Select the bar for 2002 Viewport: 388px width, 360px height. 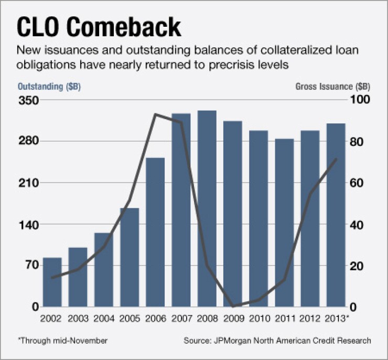[x=52, y=282]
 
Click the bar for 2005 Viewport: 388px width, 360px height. [x=130, y=257]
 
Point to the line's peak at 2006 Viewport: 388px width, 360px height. [x=155, y=114]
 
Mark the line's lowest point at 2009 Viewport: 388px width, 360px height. [x=232, y=306]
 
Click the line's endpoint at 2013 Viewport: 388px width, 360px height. [x=336, y=158]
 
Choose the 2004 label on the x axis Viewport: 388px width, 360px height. [x=104, y=319]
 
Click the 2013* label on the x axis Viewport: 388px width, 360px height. [x=337, y=319]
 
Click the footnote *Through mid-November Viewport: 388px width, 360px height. [x=63, y=341]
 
